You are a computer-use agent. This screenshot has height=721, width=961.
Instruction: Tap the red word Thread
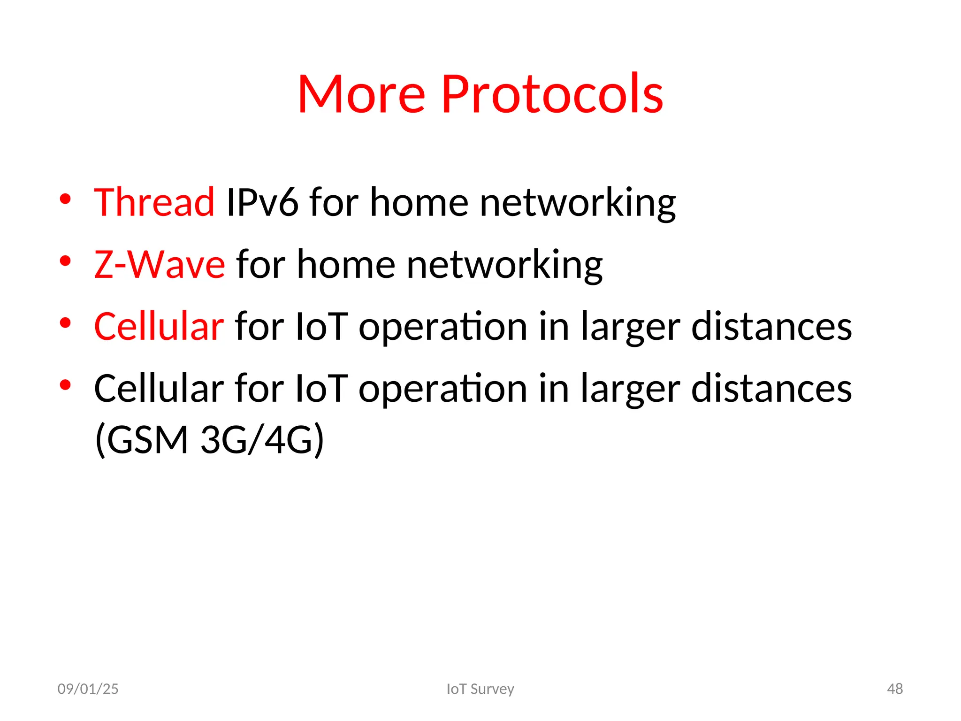point(154,202)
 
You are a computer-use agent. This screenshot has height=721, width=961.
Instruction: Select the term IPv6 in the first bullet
point(262,202)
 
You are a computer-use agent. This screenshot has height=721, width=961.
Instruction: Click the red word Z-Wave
point(160,265)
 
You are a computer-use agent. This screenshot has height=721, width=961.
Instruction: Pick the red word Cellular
point(159,326)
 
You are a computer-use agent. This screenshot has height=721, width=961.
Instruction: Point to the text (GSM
point(141,440)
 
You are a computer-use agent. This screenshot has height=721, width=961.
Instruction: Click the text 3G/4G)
point(262,440)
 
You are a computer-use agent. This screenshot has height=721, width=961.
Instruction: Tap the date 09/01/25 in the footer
point(88,689)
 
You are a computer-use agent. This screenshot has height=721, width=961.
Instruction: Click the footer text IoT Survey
point(480,689)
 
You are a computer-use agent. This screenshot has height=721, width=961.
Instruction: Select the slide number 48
point(895,689)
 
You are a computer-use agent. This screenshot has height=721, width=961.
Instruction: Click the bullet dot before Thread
point(65,199)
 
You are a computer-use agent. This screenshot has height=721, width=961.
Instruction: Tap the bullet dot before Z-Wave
point(65,261)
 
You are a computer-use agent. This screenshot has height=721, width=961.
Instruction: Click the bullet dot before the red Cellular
point(65,323)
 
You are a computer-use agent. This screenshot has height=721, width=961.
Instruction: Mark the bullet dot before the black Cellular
point(65,385)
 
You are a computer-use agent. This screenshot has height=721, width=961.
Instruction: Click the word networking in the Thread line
point(577,203)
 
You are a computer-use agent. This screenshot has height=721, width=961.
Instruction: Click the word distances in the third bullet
point(771,326)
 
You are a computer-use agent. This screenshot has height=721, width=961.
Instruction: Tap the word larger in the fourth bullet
point(630,390)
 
